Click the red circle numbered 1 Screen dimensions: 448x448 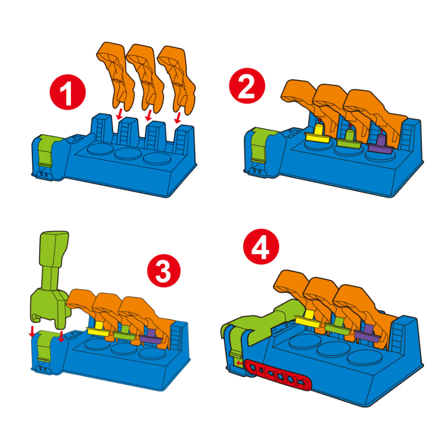pyautogui.click(x=67, y=93)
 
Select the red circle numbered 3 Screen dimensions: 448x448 pyautogui.click(x=164, y=271)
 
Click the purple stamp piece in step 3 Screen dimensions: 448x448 pyautogui.click(x=150, y=336)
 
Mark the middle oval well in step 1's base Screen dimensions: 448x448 pyautogui.click(x=128, y=154)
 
